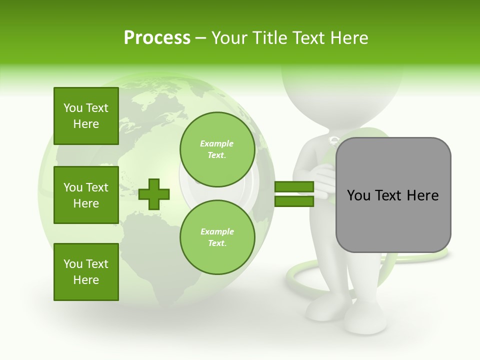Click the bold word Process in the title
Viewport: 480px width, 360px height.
click(157, 38)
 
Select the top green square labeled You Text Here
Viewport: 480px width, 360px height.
click(86, 116)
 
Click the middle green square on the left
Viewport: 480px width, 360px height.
click(86, 195)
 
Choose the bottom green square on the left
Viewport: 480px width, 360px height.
click(86, 271)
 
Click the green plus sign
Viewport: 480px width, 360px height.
click(154, 194)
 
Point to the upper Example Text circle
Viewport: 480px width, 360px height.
click(217, 149)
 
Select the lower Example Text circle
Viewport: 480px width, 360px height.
click(217, 237)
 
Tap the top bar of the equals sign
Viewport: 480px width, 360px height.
click(294, 187)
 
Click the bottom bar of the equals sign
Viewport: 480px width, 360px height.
click(294, 201)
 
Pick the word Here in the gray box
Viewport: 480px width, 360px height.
click(422, 195)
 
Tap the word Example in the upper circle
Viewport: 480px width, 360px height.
click(217, 143)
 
